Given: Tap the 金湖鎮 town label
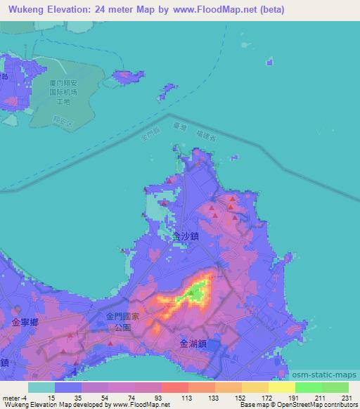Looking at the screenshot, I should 193,344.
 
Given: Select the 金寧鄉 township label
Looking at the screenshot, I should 25,321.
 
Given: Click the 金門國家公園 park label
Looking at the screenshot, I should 122,323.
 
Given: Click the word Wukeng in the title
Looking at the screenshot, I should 26,9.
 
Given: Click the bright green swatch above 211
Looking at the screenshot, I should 308,387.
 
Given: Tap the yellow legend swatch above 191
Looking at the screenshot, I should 281,387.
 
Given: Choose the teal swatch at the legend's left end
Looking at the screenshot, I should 41,387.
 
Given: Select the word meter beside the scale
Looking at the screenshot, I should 10,397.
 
